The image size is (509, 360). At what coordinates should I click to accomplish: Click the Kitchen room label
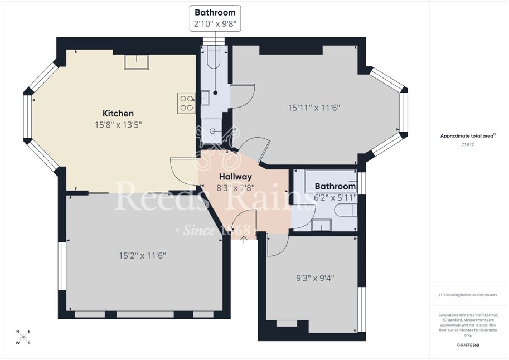pyautogui.click(x=118, y=113)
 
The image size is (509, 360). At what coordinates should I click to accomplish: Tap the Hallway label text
pyautogui.click(x=235, y=177)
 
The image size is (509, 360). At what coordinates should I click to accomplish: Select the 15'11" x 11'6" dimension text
pyautogui.click(x=314, y=108)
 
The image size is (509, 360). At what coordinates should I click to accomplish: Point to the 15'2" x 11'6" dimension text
pyautogui.click(x=142, y=255)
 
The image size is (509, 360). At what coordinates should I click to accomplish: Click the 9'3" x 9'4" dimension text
pyautogui.click(x=315, y=278)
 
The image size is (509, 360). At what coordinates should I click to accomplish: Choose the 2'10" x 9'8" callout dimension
pyautogui.click(x=215, y=23)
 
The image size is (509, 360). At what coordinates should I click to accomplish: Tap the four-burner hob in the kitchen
pyautogui.click(x=186, y=103)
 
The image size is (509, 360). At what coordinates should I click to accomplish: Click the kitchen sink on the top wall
pyautogui.click(x=137, y=62)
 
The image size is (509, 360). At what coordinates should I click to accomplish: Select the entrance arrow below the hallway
pyautogui.click(x=244, y=240)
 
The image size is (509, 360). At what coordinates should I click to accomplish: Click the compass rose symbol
pyautogui.click(x=23, y=337)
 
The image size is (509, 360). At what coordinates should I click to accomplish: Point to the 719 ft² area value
pyautogui.click(x=468, y=144)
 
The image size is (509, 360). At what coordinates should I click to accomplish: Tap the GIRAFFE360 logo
pyautogui.click(x=468, y=345)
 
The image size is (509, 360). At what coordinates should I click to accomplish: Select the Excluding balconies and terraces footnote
pyautogui.click(x=468, y=295)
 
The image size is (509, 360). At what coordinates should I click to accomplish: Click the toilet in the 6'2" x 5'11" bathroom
pyautogui.click(x=346, y=210)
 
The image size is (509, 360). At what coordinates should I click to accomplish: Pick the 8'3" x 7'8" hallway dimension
pyautogui.click(x=235, y=188)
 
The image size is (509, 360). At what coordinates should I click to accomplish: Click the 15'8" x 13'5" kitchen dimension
pyautogui.click(x=118, y=125)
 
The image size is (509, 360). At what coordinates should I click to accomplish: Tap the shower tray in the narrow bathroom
pyautogui.click(x=212, y=131)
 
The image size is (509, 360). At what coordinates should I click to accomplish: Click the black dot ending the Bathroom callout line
pyautogui.click(x=215, y=93)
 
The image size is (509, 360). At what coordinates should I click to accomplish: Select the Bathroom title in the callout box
pyautogui.click(x=215, y=13)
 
